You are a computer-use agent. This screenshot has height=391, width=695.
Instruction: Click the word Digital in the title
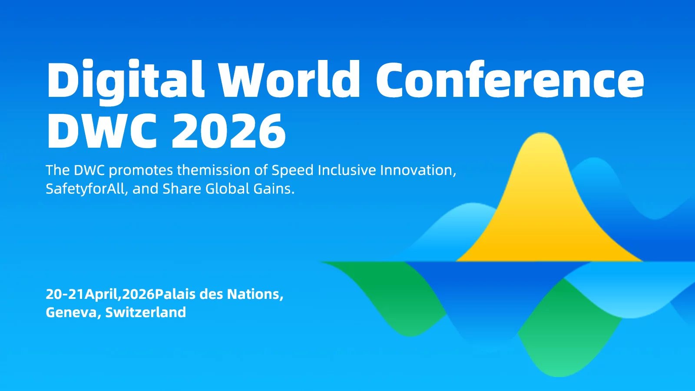pos(125,80)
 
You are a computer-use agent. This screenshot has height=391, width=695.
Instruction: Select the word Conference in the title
pos(510,80)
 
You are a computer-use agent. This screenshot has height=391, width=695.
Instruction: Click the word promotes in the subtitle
pos(141,170)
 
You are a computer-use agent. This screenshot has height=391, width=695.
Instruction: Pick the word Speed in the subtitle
pos(292,170)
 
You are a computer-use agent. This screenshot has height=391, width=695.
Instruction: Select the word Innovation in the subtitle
pos(418,170)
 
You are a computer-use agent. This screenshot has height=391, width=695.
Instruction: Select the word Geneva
pos(71,312)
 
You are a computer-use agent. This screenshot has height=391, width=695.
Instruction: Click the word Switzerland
pos(146,312)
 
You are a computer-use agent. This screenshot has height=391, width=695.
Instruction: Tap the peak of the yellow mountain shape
pos(541,136)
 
